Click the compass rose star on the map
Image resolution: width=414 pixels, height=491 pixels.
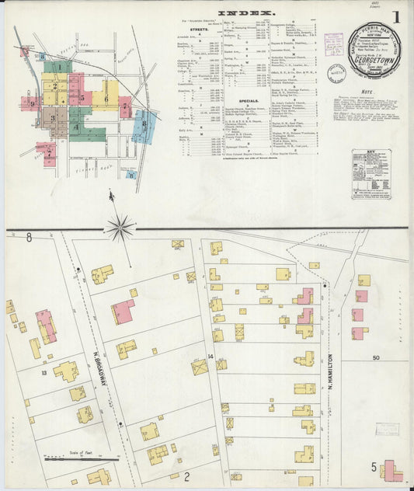[x=120, y=228]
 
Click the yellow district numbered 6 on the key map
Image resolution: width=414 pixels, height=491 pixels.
[x=106, y=98]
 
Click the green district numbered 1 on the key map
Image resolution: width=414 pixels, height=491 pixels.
[x=57, y=68]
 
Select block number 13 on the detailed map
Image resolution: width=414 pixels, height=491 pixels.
[x=45, y=374]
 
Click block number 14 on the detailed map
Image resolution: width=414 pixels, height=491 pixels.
[x=210, y=356]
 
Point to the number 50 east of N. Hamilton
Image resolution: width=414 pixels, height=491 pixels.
[x=376, y=357]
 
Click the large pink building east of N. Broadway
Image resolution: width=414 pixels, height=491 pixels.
[x=122, y=311]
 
